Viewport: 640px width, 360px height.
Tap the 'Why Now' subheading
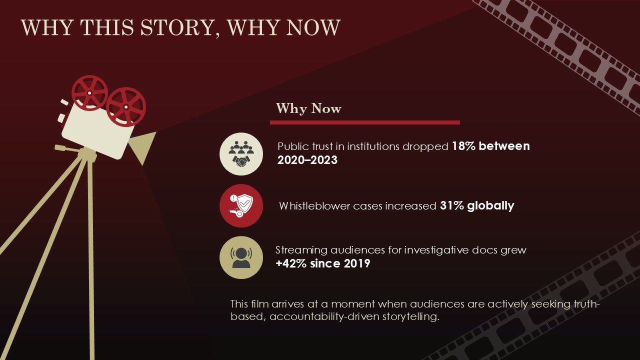(x=308, y=108)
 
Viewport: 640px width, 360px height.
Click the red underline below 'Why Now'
(x=364, y=122)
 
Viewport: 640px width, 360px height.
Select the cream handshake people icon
(x=241, y=154)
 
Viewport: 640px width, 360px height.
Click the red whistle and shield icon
(x=241, y=205)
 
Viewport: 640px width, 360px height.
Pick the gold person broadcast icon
(x=241, y=257)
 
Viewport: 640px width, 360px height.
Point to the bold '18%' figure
(x=463, y=146)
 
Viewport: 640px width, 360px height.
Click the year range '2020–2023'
(x=307, y=160)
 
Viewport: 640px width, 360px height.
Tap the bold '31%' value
(x=451, y=206)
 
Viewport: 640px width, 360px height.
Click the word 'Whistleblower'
(x=312, y=206)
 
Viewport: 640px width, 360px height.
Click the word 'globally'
(x=490, y=206)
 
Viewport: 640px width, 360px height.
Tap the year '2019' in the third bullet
(x=356, y=263)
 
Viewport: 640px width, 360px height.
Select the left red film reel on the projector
(x=89, y=92)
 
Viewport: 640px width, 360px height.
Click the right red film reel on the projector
(x=125, y=106)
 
